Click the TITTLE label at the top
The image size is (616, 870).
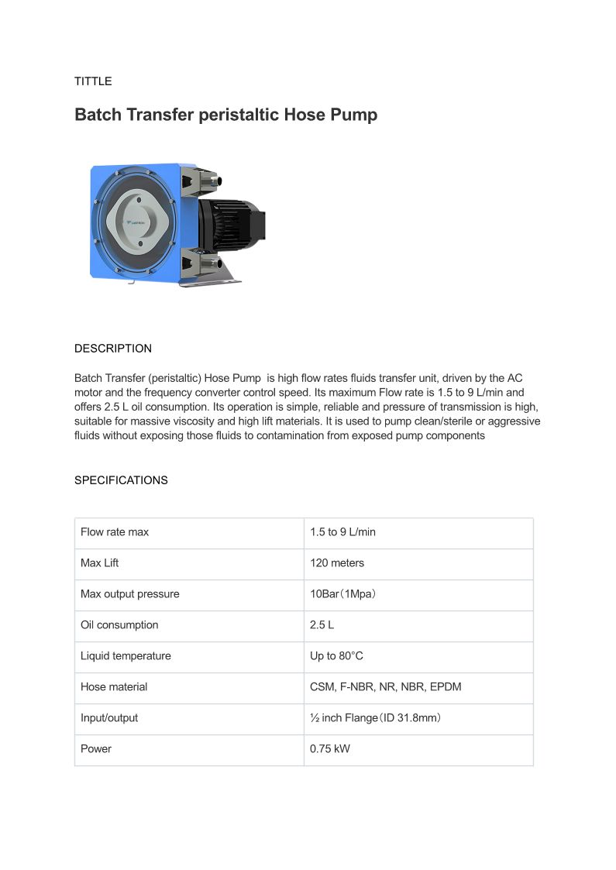(93, 81)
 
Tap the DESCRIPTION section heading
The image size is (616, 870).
(113, 349)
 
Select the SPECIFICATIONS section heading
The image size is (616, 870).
(121, 480)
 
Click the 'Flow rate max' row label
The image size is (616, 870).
(115, 532)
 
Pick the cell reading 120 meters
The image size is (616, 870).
(337, 563)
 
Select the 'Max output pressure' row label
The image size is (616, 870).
(129, 594)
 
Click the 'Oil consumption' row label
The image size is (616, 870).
(119, 625)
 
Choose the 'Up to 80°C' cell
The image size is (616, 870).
(336, 656)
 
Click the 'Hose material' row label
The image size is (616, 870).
(114, 687)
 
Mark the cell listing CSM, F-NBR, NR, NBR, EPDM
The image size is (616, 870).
(386, 687)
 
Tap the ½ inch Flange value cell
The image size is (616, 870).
(376, 718)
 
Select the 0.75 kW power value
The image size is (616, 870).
(330, 749)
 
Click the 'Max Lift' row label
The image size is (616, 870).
(100, 563)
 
